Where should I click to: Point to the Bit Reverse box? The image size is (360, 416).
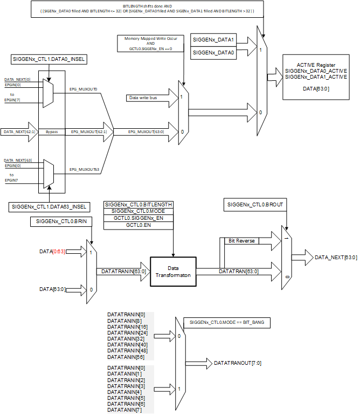[242, 241]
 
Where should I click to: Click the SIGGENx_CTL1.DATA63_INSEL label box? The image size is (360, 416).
[50, 207]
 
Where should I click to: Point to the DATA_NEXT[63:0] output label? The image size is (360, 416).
[335, 258]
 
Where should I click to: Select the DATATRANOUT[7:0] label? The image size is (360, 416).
[238, 363]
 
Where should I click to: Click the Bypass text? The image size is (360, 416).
[51, 131]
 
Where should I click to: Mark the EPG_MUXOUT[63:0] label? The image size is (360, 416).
[146, 131]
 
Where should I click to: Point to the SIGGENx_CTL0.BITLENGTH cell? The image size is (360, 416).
[139, 205]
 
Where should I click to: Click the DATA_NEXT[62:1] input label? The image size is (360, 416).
[20, 131]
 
